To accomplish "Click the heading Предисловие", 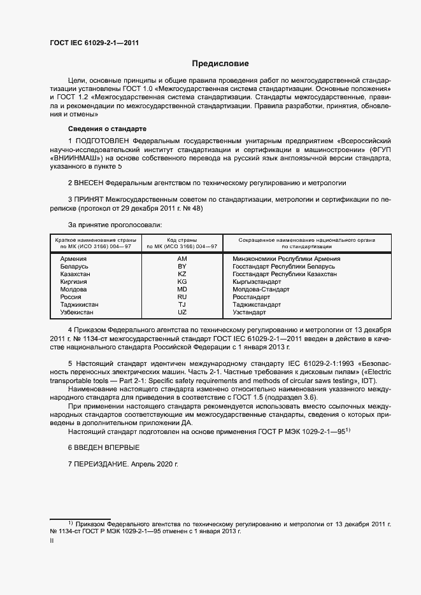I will (x=220, y=64).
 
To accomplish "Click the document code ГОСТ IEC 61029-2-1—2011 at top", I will (x=94, y=43).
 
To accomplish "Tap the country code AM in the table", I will (x=182, y=259).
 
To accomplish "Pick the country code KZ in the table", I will (x=182, y=274).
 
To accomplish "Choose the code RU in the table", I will (x=182, y=297).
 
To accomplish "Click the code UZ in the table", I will (x=182, y=312).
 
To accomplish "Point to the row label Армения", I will (x=73, y=259).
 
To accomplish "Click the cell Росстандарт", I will (x=252, y=297).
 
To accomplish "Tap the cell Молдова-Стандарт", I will (x=261, y=290).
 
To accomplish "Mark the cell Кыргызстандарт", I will (x=257, y=282).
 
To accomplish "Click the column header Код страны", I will (x=182, y=239).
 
